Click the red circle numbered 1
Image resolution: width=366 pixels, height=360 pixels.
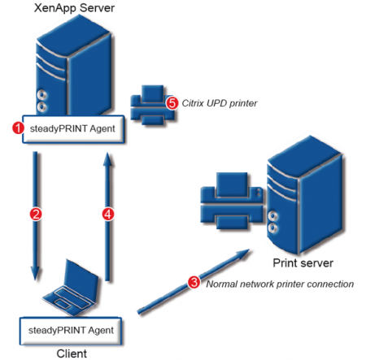(x=18, y=128)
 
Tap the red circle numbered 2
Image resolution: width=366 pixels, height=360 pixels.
(x=36, y=214)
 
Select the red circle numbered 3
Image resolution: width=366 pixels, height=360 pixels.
(x=194, y=282)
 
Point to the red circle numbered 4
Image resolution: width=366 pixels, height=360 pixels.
(x=108, y=214)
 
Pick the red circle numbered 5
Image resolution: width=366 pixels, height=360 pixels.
(x=172, y=103)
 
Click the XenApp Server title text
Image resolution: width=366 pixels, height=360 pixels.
(x=74, y=7)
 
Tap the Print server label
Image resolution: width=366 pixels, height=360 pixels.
(x=303, y=262)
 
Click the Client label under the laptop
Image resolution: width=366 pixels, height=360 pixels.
(x=72, y=353)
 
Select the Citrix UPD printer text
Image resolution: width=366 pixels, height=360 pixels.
(x=220, y=103)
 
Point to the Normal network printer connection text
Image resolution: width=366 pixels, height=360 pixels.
(x=280, y=284)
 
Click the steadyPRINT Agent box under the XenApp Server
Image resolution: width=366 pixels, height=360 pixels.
(x=73, y=129)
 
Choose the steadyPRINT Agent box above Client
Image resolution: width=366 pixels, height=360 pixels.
(x=71, y=331)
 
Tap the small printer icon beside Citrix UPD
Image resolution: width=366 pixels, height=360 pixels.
(x=152, y=105)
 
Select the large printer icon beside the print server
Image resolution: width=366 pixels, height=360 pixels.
(x=232, y=201)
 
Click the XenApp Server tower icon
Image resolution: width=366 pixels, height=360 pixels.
(x=74, y=67)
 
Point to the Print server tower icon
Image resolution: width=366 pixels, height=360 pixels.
(x=304, y=195)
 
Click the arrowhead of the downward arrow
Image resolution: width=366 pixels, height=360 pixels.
(x=35, y=273)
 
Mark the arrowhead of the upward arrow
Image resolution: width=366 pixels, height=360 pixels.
(x=108, y=159)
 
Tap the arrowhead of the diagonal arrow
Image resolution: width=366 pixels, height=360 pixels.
(x=242, y=253)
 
